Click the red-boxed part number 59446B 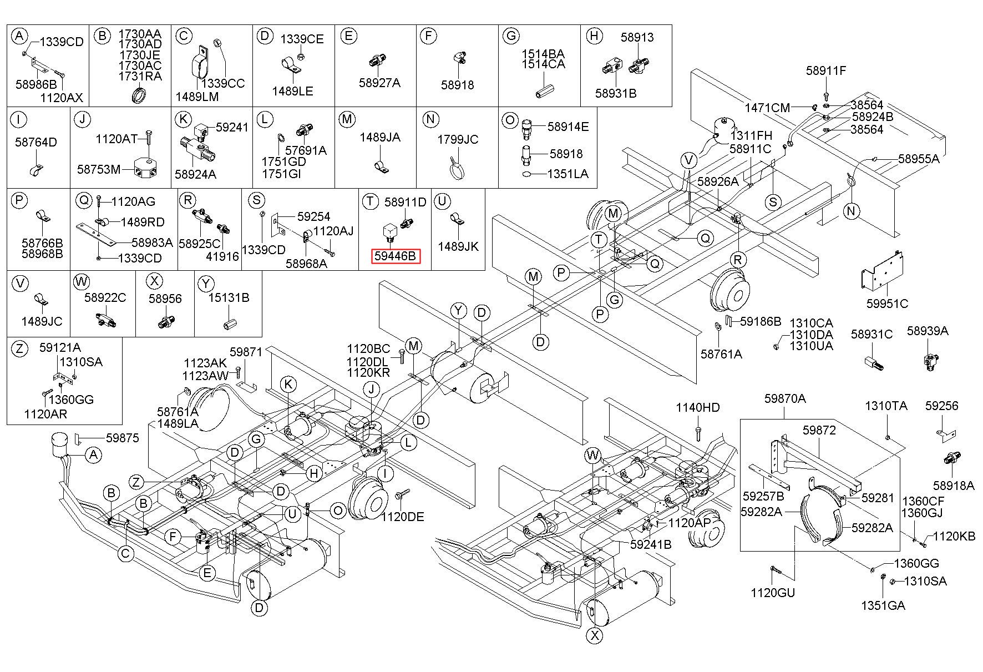click(395, 256)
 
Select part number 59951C click(887, 304)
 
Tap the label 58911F click(826, 70)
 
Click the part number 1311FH click(751, 135)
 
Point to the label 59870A click(785, 398)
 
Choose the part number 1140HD click(697, 408)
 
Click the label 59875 click(123, 438)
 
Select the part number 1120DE click(402, 517)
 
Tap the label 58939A click(928, 331)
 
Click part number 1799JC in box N click(458, 139)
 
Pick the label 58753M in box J click(99, 169)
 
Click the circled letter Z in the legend click(19, 348)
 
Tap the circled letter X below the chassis click(595, 635)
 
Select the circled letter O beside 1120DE click(338, 511)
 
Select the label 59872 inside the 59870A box click(819, 430)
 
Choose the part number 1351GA click(883, 605)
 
